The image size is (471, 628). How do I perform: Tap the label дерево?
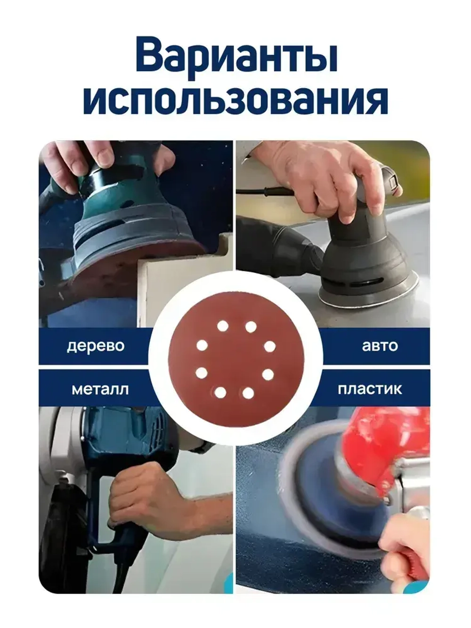96,346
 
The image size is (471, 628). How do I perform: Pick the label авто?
380,346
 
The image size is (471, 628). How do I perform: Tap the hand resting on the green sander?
89,160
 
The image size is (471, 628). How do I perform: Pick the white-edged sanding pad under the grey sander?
367,294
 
